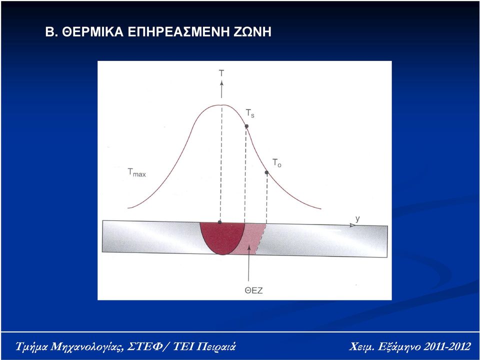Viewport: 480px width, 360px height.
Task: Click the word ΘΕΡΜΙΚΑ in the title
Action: tap(92, 32)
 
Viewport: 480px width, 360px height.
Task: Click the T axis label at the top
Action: tap(221, 73)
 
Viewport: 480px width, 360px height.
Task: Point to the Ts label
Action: tap(250, 113)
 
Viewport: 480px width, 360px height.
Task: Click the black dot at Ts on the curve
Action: tap(246, 126)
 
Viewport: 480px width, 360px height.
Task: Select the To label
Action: tap(276, 163)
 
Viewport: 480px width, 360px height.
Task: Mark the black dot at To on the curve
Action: tap(266, 172)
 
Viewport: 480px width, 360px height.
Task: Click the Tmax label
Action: tap(136, 172)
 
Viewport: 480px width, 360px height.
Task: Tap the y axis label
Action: tap(357, 219)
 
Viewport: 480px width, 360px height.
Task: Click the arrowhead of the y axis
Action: tap(352, 225)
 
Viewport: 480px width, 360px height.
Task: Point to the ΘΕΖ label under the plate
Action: tap(254, 290)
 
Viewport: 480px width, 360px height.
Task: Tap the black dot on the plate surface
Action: tap(219, 222)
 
